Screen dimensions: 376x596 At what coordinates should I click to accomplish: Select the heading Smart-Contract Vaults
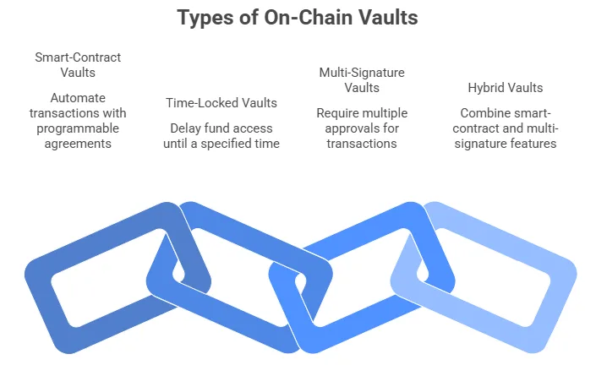pos(78,65)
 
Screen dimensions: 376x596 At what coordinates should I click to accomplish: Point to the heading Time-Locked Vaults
pos(221,103)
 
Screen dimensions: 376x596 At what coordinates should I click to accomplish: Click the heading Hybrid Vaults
pos(506,88)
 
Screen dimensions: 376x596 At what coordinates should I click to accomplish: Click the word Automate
pos(78,98)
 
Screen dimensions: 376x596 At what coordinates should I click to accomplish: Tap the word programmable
pos(78,128)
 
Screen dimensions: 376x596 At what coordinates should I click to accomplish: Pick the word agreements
pos(78,144)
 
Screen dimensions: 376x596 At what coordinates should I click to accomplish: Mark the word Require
pos(337,113)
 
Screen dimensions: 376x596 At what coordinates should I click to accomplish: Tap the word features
pos(536,144)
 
